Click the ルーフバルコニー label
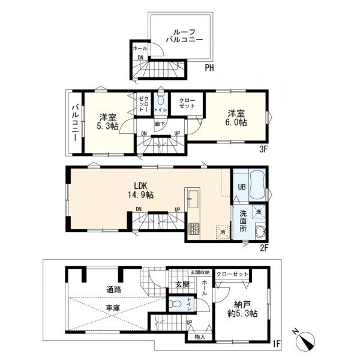[x=184, y=36]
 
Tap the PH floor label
[x=209, y=68]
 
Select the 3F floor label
[x=264, y=149]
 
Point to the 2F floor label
[x=264, y=248]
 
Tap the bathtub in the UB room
[x=257, y=185]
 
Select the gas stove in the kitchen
[x=194, y=229]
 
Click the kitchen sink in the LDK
[x=194, y=199]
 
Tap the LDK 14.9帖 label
[x=140, y=190]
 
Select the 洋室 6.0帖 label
[x=237, y=118]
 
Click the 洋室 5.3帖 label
[x=107, y=122]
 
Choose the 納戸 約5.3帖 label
[x=242, y=309]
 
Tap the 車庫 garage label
[x=113, y=308]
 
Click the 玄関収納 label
[x=200, y=272]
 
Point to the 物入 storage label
[x=200, y=337]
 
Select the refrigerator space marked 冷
[x=223, y=232]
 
